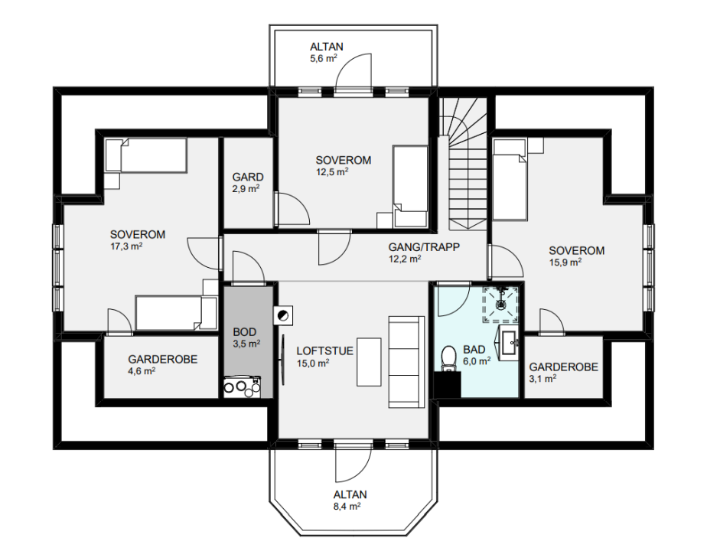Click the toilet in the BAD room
pos(448,359)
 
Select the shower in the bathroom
pos(500,305)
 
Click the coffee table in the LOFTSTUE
pos(370,362)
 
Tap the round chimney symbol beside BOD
pos(283,315)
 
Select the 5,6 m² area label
pos(324,58)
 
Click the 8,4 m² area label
pos(347,507)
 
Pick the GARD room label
pos(247,177)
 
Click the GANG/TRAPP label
pos(424,247)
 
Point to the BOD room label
pos(245,331)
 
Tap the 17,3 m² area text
pos(126,246)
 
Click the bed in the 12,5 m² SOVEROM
pos(411,186)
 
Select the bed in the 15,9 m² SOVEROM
pos(510,179)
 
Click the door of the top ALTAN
pos(353,73)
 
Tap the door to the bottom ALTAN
pos(353,463)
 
